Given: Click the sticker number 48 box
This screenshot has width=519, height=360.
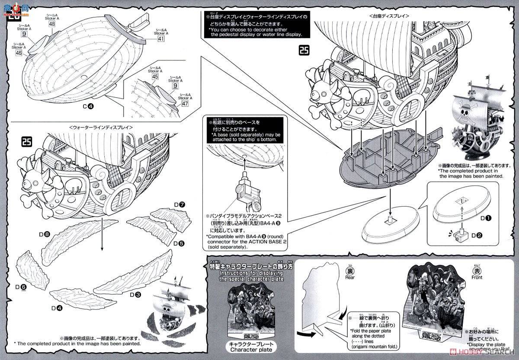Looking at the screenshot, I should (52, 24).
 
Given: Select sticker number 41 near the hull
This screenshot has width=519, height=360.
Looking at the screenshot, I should (161, 38).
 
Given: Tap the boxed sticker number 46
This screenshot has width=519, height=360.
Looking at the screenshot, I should (19, 53).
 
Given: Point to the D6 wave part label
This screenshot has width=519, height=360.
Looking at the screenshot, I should (21, 287).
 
